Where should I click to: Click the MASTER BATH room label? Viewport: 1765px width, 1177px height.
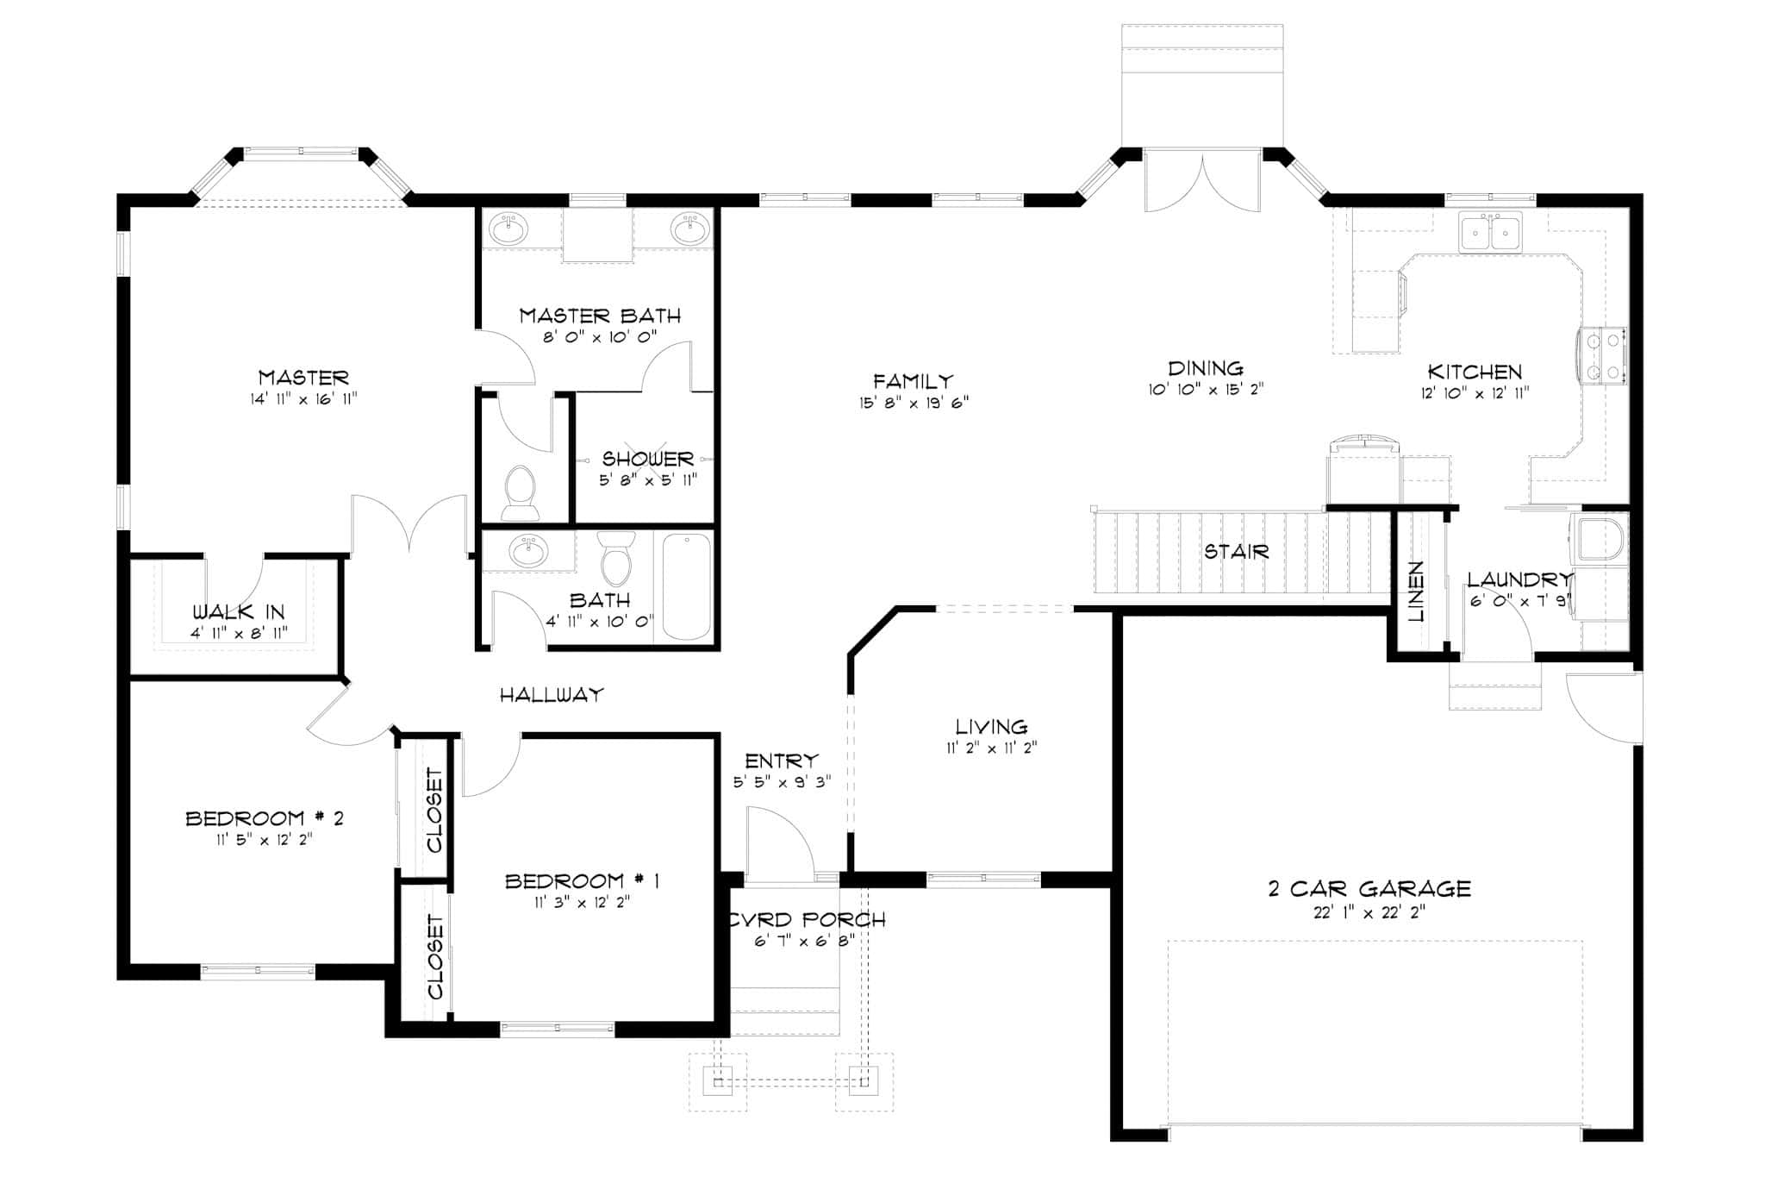click(x=600, y=316)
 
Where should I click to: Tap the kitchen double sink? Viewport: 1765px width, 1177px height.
click(x=1490, y=233)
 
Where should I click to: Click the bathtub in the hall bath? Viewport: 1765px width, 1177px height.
click(x=686, y=587)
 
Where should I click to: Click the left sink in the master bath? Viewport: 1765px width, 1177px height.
click(x=508, y=230)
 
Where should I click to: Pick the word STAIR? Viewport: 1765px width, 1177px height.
click(x=1236, y=552)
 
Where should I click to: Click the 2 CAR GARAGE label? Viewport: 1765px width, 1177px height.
click(x=1369, y=888)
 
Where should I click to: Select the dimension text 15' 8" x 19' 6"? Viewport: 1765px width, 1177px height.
click(x=914, y=402)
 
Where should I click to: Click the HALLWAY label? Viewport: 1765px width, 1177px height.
click(x=552, y=694)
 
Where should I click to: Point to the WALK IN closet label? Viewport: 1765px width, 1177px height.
click(x=238, y=612)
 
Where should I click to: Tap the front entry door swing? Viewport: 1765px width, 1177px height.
click(x=780, y=841)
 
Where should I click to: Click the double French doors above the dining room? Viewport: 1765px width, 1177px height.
click(x=1202, y=183)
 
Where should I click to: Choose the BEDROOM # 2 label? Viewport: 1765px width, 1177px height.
click(x=265, y=818)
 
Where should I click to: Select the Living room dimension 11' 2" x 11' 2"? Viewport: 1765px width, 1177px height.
click(x=991, y=748)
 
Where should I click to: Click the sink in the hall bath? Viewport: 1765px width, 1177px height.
click(x=527, y=550)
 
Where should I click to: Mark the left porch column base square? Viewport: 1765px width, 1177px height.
click(x=718, y=1080)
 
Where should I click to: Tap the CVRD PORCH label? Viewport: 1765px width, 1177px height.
click(x=806, y=920)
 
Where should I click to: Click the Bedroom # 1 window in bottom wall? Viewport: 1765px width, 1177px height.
click(x=558, y=1027)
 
